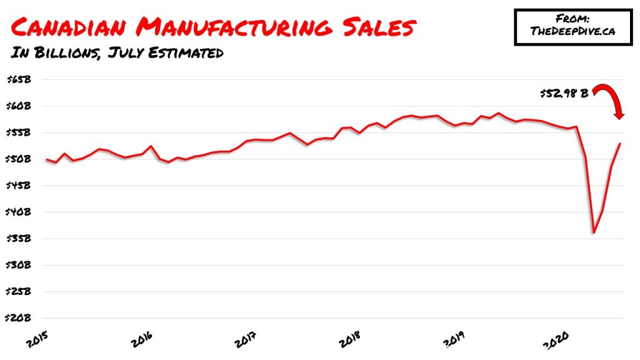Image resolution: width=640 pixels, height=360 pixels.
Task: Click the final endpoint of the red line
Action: pyautogui.click(x=620, y=144)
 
